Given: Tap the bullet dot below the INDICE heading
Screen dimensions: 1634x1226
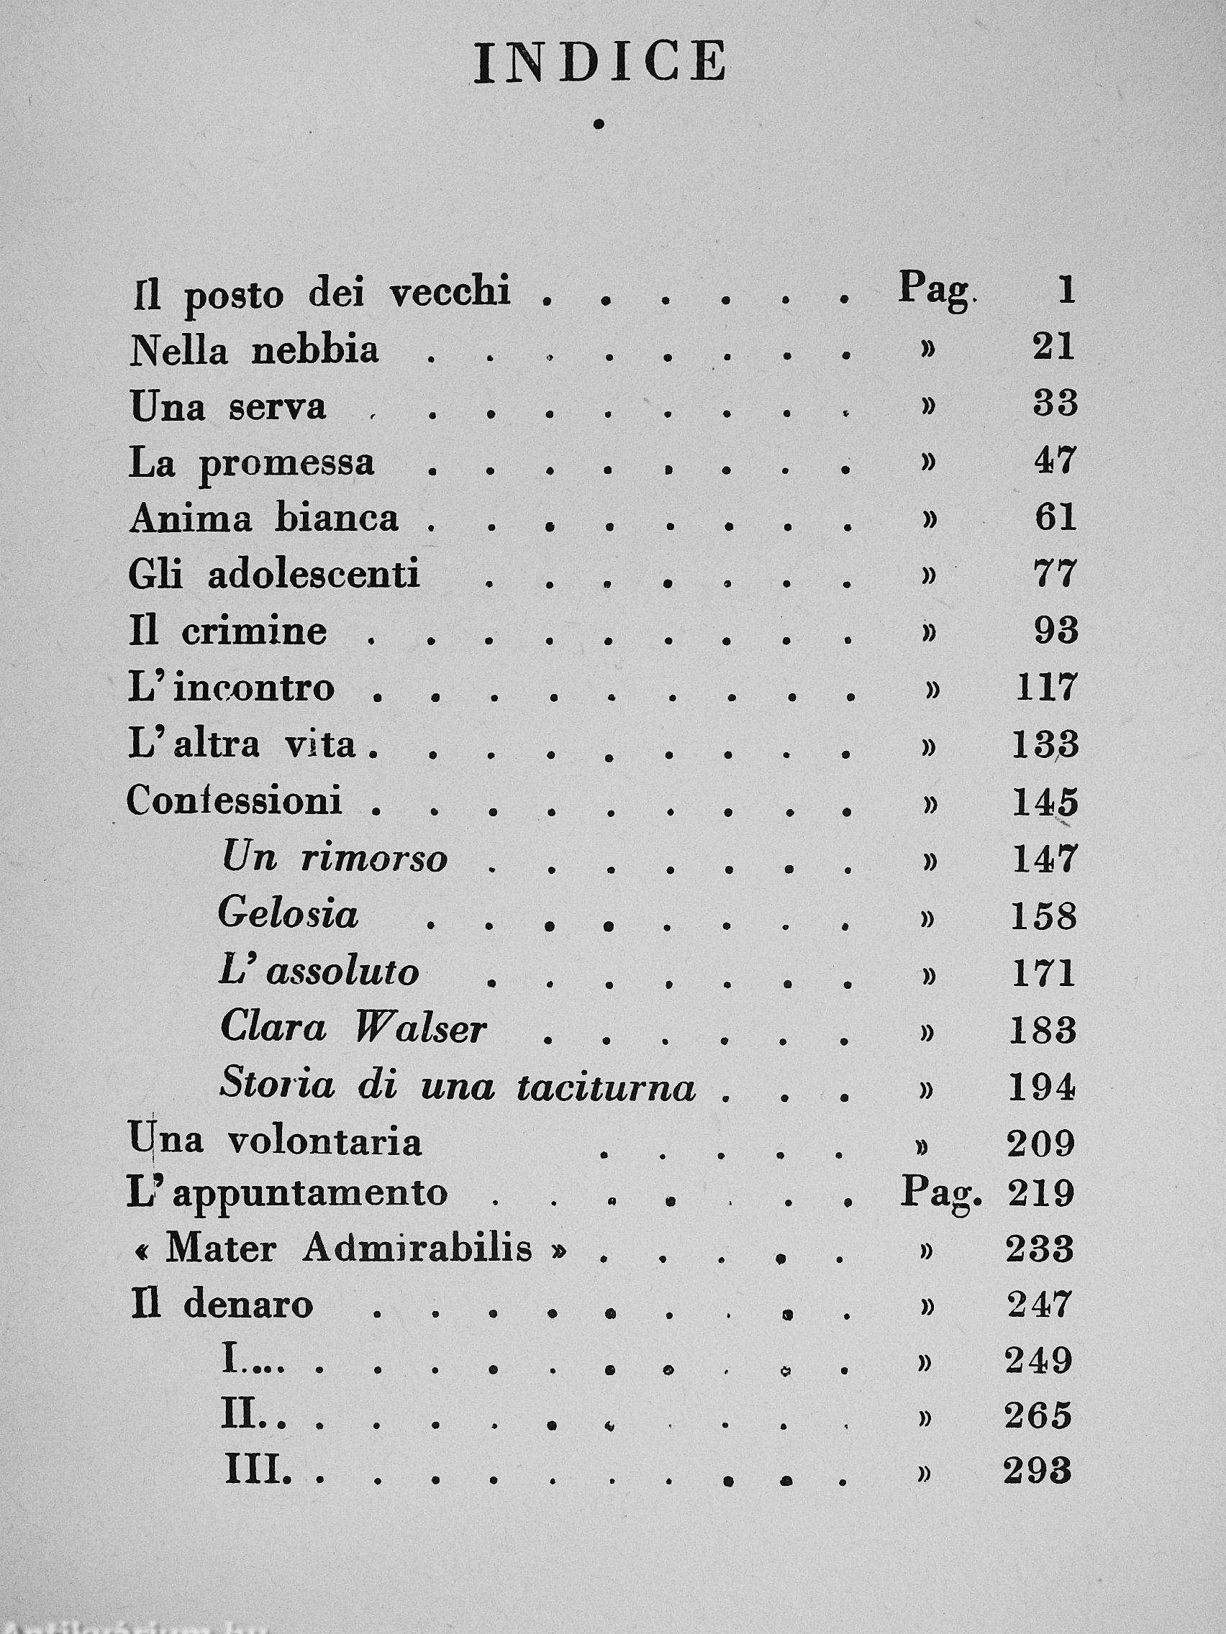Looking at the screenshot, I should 598,125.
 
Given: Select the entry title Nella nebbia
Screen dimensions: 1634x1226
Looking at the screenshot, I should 254,350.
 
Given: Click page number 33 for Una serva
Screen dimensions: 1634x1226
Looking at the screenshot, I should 1055,404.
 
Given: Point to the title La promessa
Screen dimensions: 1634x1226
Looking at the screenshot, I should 251,463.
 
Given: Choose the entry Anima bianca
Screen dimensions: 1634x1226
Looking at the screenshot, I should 264,519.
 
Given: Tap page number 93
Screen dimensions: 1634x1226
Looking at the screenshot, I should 1055,631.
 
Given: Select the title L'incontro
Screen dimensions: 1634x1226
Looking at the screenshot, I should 231,688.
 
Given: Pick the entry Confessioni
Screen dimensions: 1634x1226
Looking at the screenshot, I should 235,800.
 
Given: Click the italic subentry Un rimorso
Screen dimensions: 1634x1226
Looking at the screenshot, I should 335,859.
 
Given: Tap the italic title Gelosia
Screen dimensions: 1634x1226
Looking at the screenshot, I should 289,915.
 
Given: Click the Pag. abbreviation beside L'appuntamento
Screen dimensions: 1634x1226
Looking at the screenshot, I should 941,1194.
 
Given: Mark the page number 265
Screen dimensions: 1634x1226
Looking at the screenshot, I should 1037,1416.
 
